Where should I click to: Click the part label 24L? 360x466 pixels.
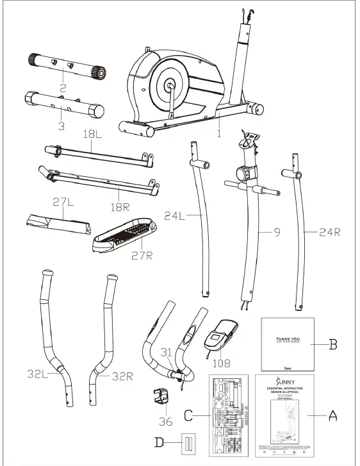click(175, 217)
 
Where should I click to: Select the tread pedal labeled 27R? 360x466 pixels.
click(124, 233)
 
